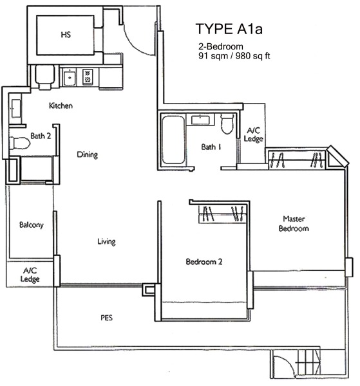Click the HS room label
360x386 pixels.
tap(66, 35)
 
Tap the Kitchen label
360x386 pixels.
tap(61, 106)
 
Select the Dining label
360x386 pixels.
tap(87, 155)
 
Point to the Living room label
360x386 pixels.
tap(106, 241)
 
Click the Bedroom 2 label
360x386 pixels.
tap(204, 261)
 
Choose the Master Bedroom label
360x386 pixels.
tap(294, 223)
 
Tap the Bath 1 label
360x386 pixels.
tap(211, 147)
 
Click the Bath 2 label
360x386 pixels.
tap(41, 136)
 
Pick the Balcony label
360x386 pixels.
tap(32, 225)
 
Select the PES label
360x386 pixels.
tap(106, 318)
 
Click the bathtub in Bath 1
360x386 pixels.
tap(173, 140)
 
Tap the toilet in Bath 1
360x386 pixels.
tap(227, 124)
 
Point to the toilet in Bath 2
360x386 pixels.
tap(20, 143)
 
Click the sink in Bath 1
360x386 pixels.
tap(200, 120)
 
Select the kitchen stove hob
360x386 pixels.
tap(88, 77)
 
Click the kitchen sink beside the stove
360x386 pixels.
tap(70, 78)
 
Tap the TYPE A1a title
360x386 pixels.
tap(229, 29)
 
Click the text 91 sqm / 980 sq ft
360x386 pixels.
tap(234, 56)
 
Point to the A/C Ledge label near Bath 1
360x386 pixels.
tap(253, 134)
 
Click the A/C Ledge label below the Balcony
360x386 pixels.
tap(30, 275)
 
